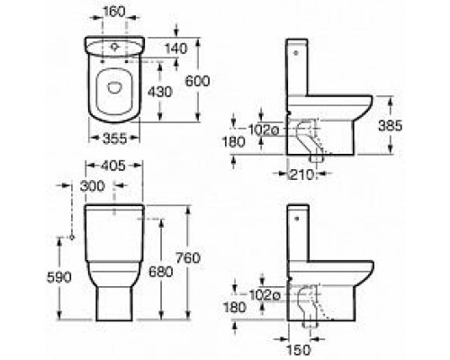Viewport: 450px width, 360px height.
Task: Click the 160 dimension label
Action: click(x=113, y=12)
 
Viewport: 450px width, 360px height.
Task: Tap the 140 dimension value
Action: click(x=176, y=49)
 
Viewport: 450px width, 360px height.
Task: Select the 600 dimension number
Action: click(x=197, y=81)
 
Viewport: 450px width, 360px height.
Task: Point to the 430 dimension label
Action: click(x=160, y=92)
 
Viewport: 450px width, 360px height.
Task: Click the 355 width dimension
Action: click(x=115, y=139)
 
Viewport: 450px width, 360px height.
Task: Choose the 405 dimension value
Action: click(x=112, y=166)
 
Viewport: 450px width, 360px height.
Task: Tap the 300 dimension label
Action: click(x=93, y=186)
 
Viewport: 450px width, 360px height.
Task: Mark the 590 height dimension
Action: click(x=59, y=277)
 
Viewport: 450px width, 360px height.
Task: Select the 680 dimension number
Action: click(x=161, y=272)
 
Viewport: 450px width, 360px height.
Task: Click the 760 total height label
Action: click(x=188, y=258)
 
